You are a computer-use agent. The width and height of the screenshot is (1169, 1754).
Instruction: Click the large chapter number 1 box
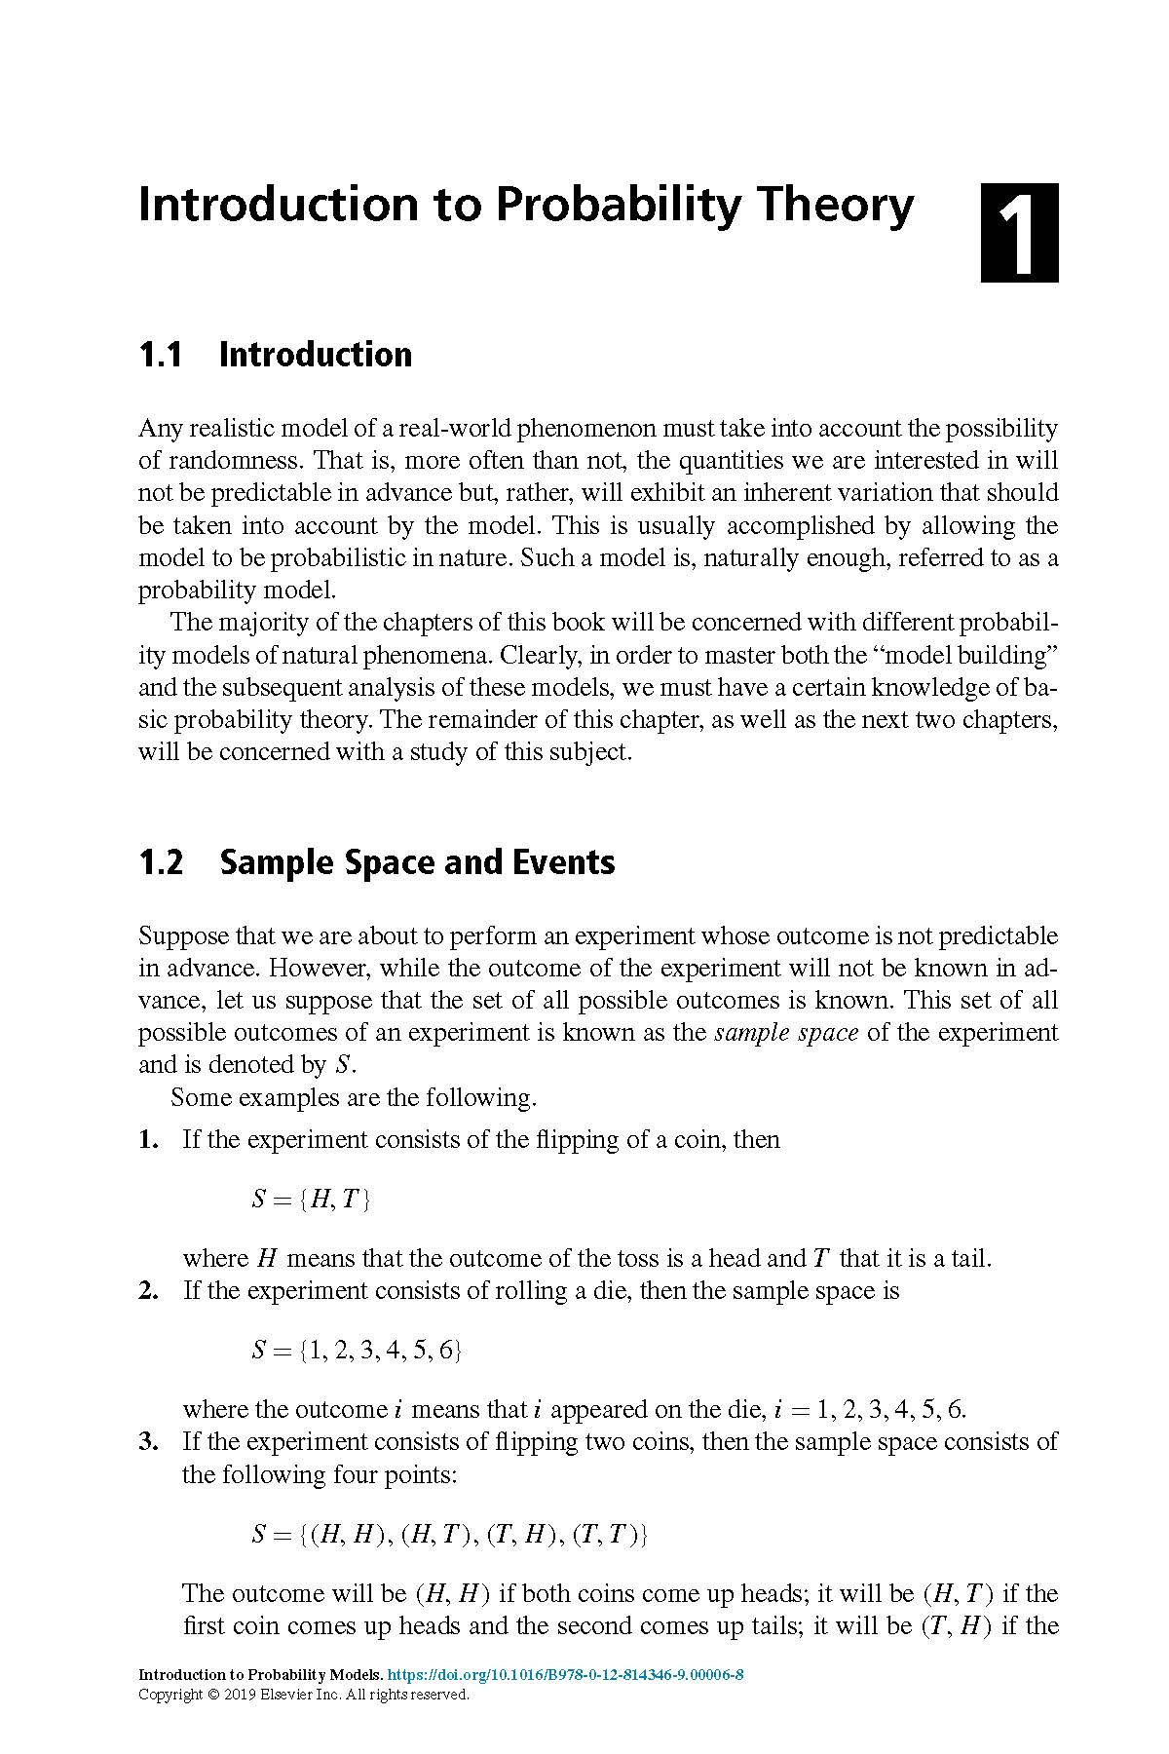1019,233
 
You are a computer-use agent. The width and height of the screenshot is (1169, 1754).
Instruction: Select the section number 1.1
161,355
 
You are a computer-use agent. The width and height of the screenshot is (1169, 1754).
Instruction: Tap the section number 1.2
161,862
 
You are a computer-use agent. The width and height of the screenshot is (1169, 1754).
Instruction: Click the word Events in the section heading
573,862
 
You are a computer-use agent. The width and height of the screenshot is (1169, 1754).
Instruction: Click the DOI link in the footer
566,1675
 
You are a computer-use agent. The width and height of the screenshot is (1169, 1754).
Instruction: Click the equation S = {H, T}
311,1199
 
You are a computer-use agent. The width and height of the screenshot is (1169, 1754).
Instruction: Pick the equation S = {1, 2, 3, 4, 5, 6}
357,1350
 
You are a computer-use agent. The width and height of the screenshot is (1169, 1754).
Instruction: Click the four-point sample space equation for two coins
450,1535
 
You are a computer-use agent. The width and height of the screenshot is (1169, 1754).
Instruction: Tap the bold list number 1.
148,1140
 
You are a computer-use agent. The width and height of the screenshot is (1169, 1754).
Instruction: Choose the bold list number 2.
148,1291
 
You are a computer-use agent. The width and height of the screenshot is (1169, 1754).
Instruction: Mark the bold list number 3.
148,1442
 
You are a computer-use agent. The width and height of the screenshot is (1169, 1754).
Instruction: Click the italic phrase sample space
786,1033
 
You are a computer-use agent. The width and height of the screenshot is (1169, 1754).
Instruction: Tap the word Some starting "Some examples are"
201,1098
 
